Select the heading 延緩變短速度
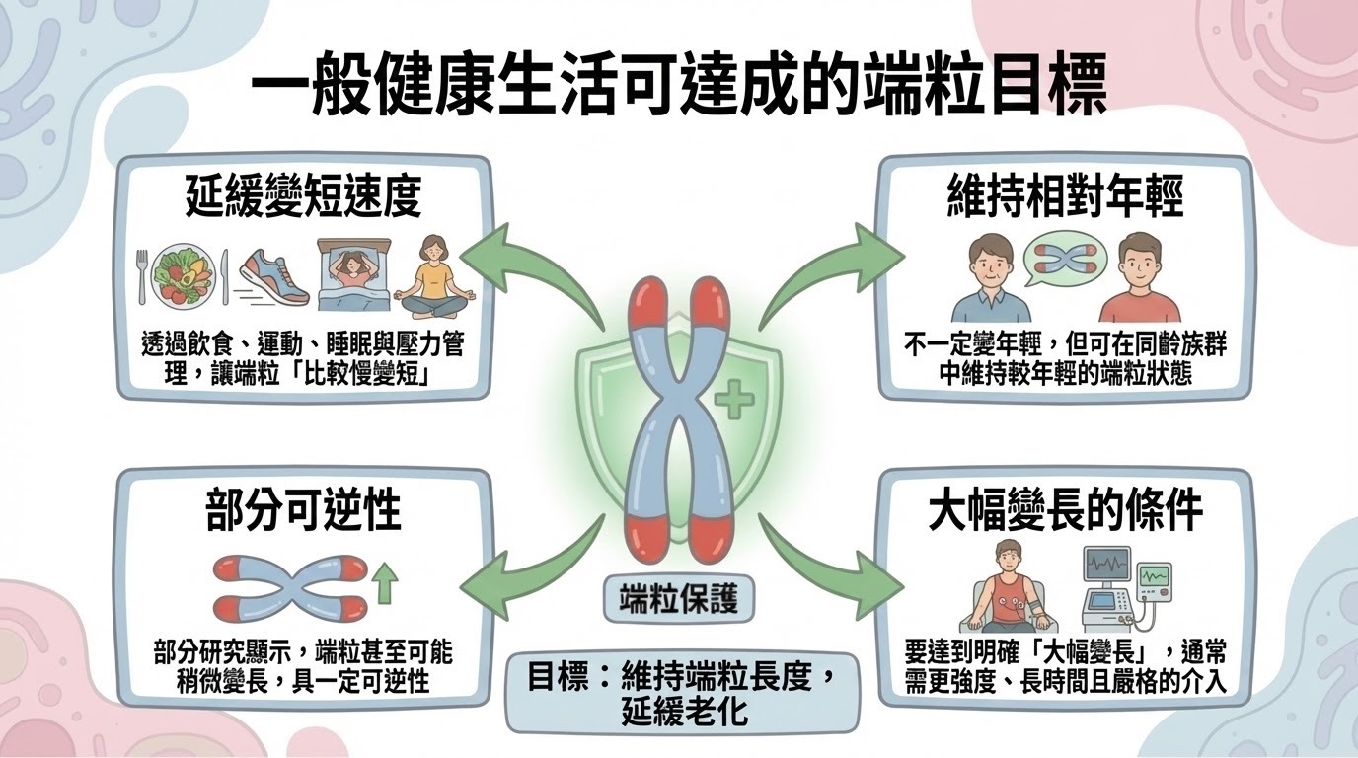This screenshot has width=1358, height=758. (x=303, y=197)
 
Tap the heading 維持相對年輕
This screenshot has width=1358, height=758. (x=1065, y=197)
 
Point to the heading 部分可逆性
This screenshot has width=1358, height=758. (x=303, y=512)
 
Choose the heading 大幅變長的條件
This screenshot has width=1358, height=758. (x=1065, y=512)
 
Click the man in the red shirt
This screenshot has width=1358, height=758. (x=1139, y=279)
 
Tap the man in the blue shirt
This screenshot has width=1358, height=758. (x=976, y=279)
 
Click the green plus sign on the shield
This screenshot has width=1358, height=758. (x=732, y=401)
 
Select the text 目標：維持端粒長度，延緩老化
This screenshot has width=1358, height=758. (x=679, y=694)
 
